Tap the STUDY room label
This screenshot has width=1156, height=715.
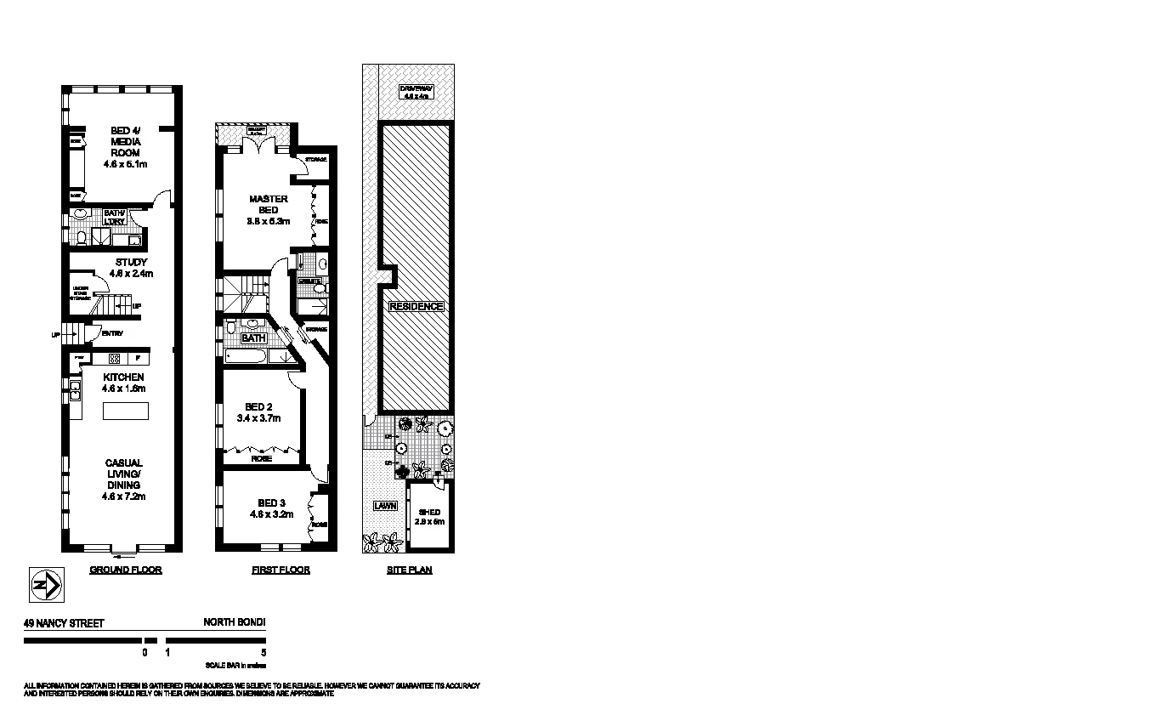click(x=132, y=268)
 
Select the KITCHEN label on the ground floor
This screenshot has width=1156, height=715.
click(x=124, y=382)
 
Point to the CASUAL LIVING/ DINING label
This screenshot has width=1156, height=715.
click(x=124, y=480)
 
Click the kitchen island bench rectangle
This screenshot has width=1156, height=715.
click(x=125, y=411)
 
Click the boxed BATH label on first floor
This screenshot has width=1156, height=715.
click(x=253, y=338)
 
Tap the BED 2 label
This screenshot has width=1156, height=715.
click(x=258, y=412)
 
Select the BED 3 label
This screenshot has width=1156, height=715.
click(x=271, y=508)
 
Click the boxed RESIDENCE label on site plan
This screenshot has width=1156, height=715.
click(x=416, y=306)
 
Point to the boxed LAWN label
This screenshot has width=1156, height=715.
click(x=385, y=506)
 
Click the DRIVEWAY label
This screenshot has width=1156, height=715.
click(x=417, y=92)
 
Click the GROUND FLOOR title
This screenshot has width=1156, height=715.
click(x=126, y=570)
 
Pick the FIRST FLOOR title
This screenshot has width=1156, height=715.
click(x=280, y=570)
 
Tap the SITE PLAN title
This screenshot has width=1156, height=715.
click(x=409, y=570)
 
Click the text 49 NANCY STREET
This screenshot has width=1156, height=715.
click(x=64, y=623)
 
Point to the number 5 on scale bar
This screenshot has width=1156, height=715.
click(x=265, y=653)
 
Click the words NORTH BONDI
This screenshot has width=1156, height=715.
click(x=235, y=622)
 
